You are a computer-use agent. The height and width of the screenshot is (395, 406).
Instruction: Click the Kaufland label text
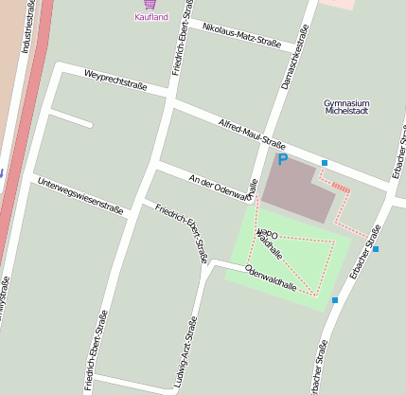tap(151, 17)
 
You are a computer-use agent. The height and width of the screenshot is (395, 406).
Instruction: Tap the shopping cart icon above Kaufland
tap(150, 5)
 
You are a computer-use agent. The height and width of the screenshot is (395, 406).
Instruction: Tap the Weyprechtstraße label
tap(115, 80)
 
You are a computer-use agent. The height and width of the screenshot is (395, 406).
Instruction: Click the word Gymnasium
tap(345, 102)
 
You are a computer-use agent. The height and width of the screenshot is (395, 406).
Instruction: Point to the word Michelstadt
tap(345, 112)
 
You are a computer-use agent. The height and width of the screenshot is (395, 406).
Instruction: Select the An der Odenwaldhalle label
tap(222, 188)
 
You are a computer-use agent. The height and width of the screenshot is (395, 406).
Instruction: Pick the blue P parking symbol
tap(282, 161)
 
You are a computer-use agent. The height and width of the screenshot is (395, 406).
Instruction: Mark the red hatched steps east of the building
tap(341, 189)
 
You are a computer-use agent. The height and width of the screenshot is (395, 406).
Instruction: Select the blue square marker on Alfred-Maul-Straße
tap(325, 163)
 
